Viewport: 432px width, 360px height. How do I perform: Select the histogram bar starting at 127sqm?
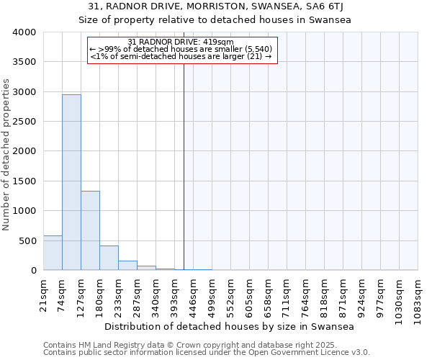tap(90, 230)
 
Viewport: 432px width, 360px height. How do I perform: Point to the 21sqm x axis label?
tap(43, 292)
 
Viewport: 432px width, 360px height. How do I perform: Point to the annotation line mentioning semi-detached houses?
tap(181, 56)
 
